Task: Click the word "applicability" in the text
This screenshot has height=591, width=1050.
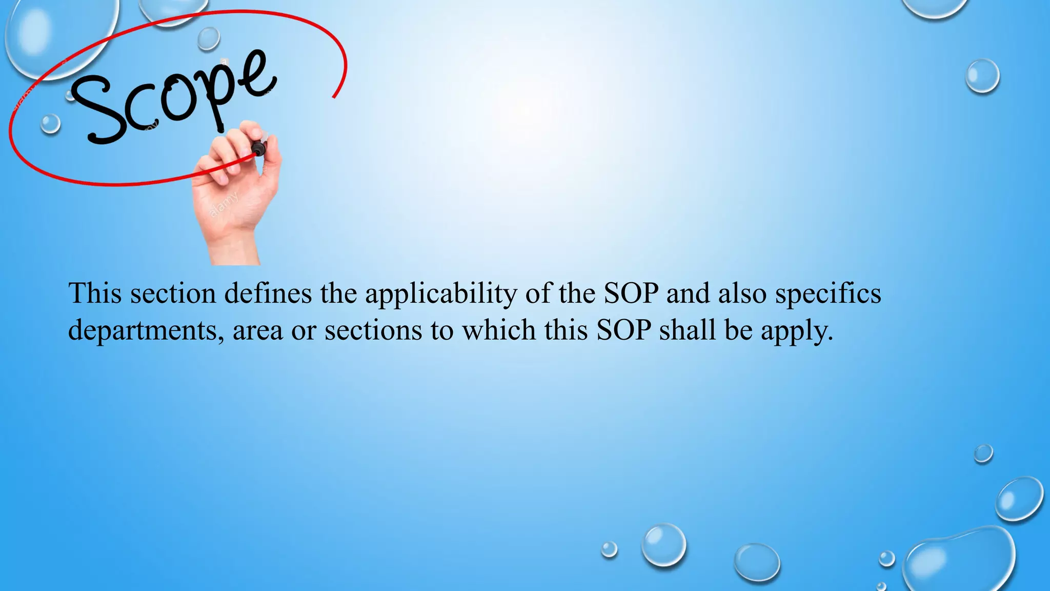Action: (441, 294)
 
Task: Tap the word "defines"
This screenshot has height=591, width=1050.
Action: (268, 293)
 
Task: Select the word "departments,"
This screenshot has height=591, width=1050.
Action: (146, 330)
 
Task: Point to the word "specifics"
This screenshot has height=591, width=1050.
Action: (828, 294)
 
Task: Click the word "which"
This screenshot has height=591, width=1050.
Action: (499, 329)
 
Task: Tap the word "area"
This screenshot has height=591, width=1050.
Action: (258, 330)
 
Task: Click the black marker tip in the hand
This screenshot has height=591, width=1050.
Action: (258, 149)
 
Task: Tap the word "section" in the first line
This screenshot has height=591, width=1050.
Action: (173, 293)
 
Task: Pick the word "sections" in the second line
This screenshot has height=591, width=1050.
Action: (373, 329)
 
